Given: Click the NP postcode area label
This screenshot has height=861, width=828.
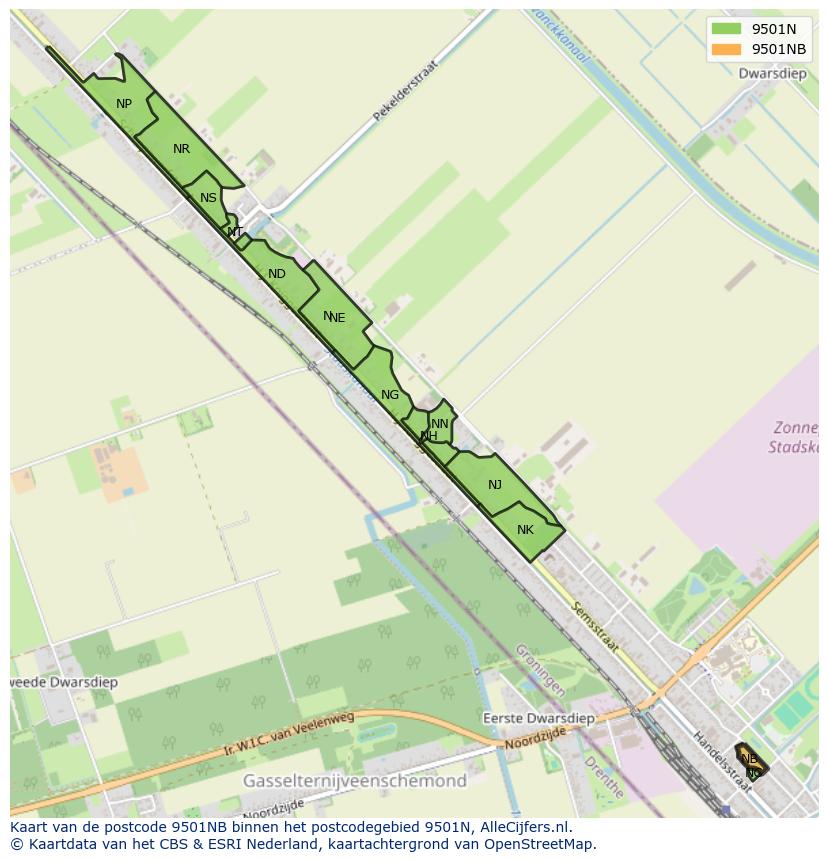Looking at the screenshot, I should (124, 104).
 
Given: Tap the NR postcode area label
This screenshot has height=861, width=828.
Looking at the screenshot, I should (181, 149).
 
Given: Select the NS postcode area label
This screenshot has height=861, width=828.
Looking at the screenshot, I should (208, 198).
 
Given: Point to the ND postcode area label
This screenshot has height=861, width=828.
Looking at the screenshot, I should (277, 274).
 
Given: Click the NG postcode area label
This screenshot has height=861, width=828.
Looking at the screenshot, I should (390, 395).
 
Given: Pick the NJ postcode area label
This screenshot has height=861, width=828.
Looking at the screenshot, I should (495, 485).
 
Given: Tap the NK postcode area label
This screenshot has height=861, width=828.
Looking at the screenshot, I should (526, 530).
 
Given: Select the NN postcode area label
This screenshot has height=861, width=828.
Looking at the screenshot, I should (440, 424).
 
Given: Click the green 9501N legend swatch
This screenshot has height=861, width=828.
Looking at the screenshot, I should (726, 29).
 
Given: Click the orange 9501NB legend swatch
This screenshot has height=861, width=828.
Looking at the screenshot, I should (726, 49).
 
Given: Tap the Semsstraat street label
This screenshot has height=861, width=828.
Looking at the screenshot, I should (595, 628).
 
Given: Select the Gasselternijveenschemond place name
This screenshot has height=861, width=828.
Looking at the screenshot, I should (355, 780).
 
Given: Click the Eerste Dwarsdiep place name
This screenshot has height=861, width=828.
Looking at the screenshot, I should (538, 718).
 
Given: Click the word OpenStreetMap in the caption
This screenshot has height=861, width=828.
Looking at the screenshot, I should (540, 844).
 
